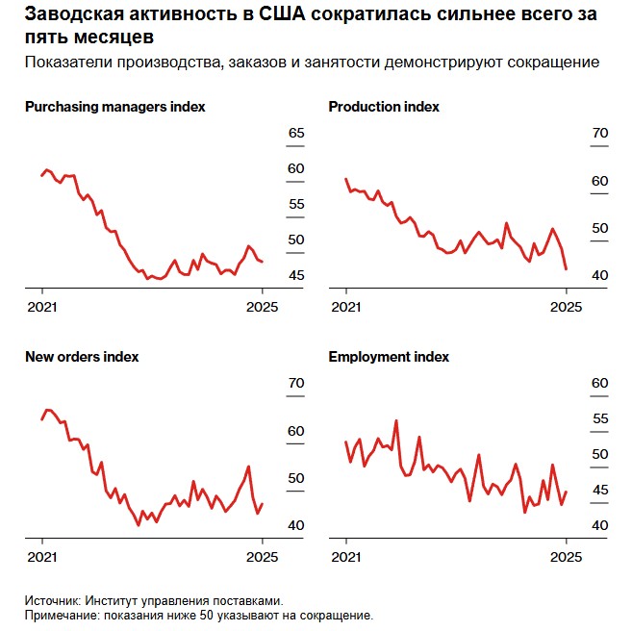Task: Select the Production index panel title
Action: coord(384,107)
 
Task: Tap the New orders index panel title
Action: coord(82,357)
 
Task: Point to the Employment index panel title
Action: coord(389,357)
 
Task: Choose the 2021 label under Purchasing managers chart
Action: coord(42,307)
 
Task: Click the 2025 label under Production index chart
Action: coord(567,307)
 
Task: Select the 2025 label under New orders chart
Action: coord(263,557)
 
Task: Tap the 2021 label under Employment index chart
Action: coord(346,557)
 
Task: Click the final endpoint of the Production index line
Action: coord(566,269)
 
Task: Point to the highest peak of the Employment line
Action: coord(396,420)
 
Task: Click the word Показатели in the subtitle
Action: coord(65,63)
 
